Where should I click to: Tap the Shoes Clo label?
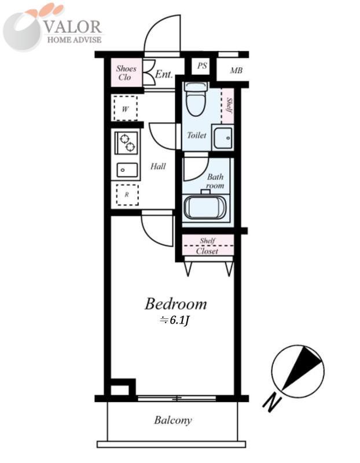click(126, 73)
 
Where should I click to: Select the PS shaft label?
click(202, 66)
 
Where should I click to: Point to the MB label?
click(236, 71)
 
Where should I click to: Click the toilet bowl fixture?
click(196, 100)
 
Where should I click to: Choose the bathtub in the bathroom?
click(205, 207)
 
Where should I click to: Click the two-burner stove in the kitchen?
click(127, 142)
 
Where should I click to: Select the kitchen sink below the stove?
click(127, 170)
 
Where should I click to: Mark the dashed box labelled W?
click(125, 108)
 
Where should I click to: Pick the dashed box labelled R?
click(127, 195)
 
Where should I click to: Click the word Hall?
click(158, 167)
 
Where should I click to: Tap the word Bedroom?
click(175, 304)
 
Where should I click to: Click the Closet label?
click(207, 251)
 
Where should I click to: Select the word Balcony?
click(172, 420)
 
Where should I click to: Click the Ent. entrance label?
click(164, 74)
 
